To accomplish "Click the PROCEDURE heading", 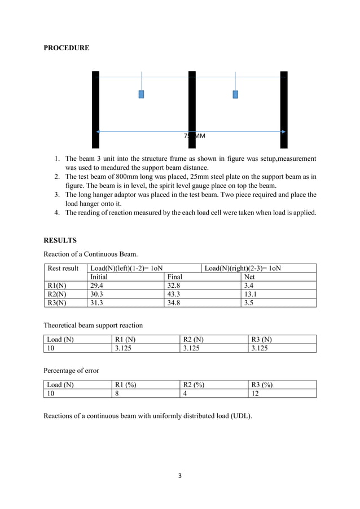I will [66, 49].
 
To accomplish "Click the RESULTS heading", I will [60, 240].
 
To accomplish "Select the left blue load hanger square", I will [141, 94].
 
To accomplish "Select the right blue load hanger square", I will [235, 94].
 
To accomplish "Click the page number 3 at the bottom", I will [180, 476].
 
